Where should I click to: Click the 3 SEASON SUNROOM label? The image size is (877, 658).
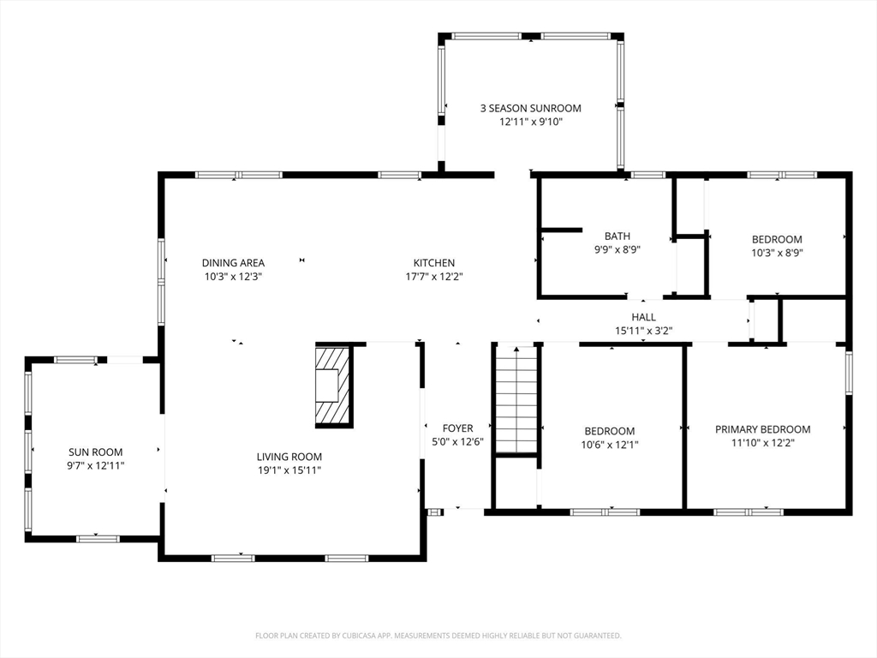point(531,108)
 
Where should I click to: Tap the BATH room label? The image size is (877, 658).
point(617,236)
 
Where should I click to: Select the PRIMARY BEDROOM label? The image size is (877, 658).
point(763,429)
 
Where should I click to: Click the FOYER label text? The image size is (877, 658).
point(457,428)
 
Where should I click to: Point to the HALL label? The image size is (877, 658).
point(644,317)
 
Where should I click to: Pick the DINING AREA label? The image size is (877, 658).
point(233,262)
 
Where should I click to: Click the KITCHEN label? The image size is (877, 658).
point(434,262)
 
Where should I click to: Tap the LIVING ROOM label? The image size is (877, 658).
point(289,457)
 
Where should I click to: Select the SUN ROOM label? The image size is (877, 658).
point(96,452)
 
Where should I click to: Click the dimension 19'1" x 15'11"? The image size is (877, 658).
point(289,470)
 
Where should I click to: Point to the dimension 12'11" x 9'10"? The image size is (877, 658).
point(531,122)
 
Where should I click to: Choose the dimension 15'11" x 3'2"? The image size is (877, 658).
point(644,331)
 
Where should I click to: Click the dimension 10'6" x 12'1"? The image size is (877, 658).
point(610,445)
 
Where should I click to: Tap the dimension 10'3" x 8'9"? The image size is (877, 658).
point(777,253)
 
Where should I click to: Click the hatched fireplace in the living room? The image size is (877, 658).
point(334,386)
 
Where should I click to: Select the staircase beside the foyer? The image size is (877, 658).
point(516,399)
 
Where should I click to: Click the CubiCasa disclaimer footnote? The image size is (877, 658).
point(438,636)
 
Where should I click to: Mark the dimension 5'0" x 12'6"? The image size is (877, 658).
point(457,441)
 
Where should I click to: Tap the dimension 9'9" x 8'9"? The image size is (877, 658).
point(617,249)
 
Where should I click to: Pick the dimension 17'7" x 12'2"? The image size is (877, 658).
point(434,276)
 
